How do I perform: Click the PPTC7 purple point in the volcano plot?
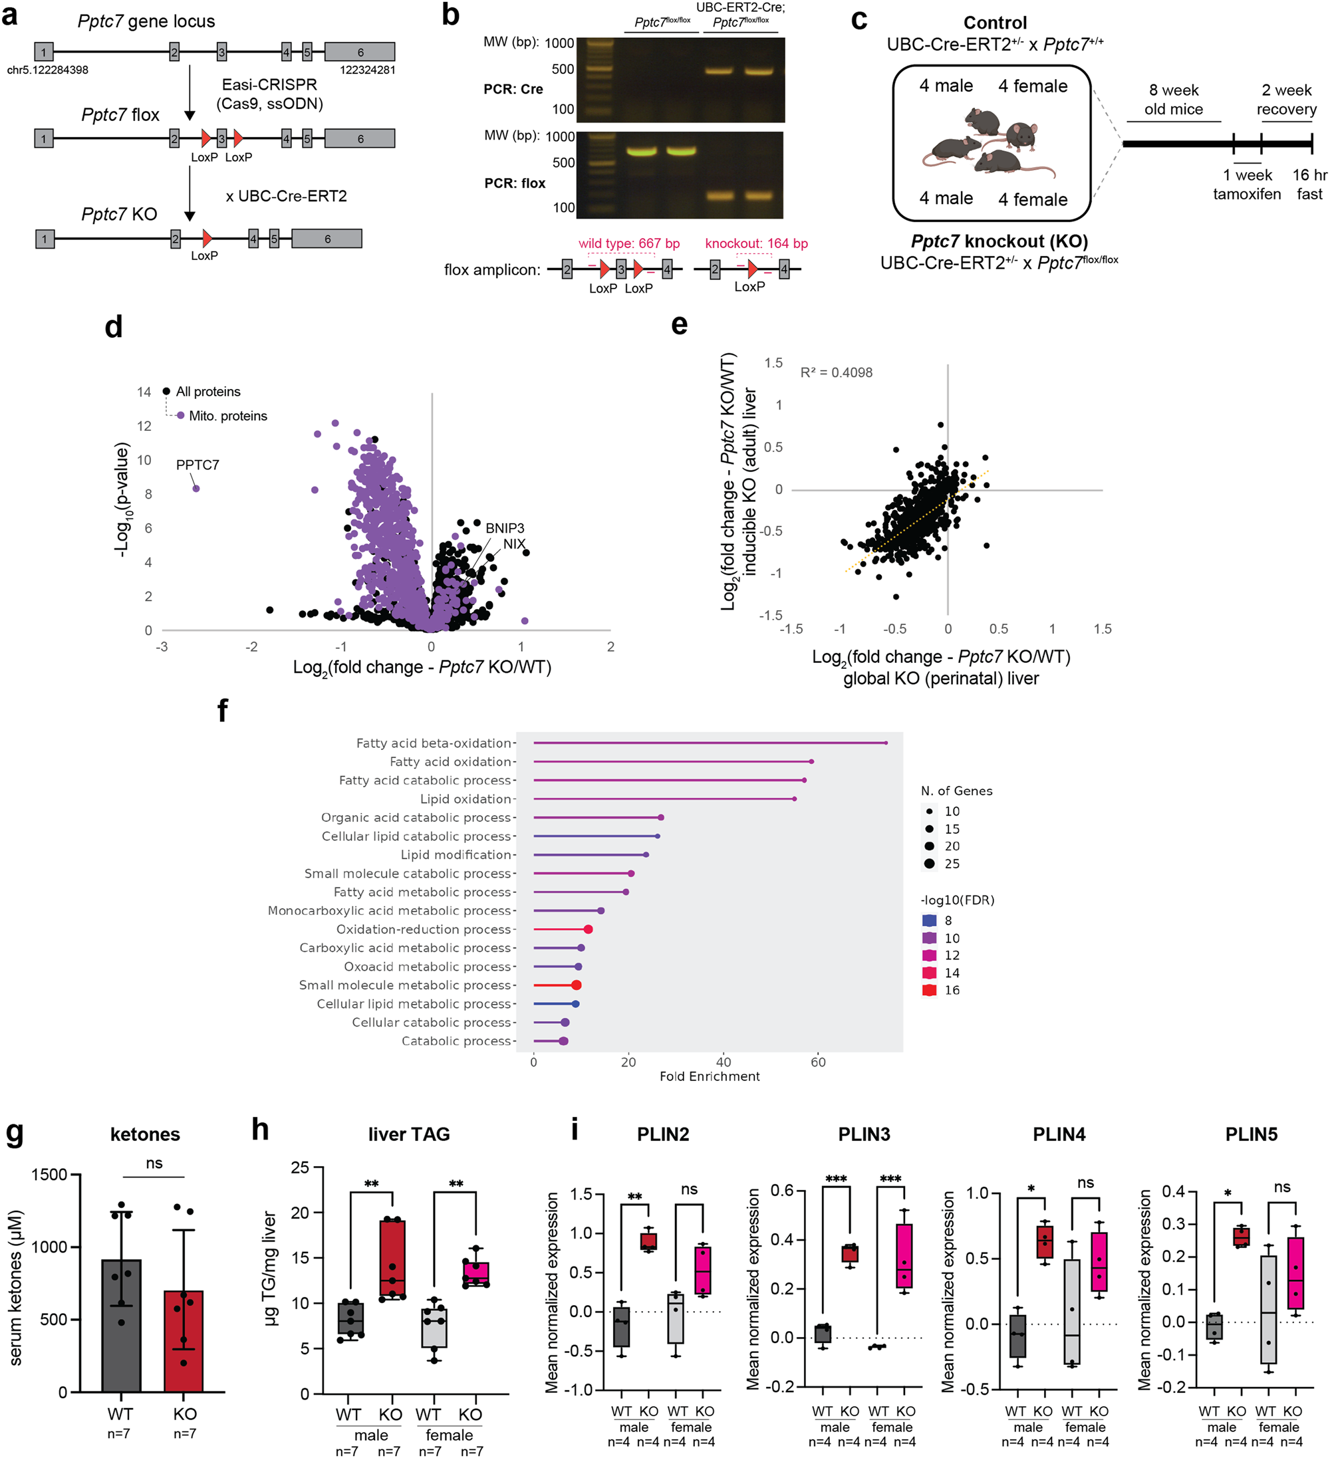196,489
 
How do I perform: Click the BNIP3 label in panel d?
505,529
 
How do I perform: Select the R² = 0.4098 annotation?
836,372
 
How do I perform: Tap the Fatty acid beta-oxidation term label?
434,743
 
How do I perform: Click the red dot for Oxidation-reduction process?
588,929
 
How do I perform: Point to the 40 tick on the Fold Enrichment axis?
724,1062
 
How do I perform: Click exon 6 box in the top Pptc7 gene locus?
360,52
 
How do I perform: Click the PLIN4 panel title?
1059,1134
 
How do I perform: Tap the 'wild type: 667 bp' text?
628,244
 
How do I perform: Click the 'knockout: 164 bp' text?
757,244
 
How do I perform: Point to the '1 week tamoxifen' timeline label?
1247,184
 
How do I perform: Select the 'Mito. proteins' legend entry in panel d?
227,416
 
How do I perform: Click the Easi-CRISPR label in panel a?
269,84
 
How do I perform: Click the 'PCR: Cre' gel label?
513,89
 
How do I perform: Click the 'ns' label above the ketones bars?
154,1163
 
